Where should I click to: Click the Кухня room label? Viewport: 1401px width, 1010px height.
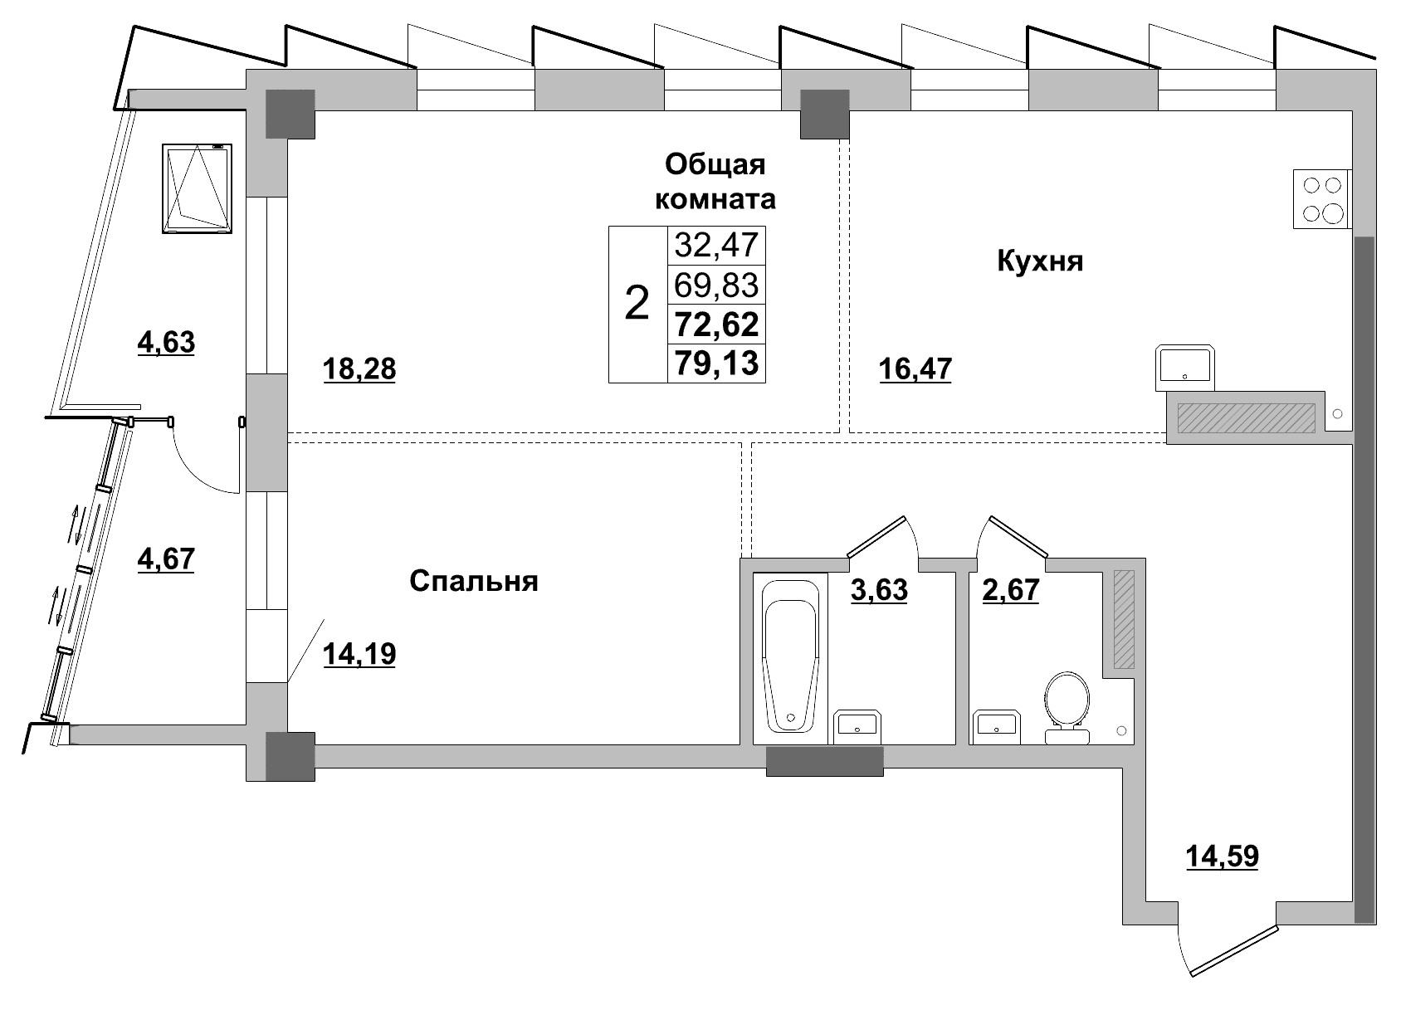tap(1039, 261)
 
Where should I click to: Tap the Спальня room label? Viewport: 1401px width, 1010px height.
tap(473, 581)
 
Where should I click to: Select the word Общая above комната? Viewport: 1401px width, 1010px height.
tap(715, 164)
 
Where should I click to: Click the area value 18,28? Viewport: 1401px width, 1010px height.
tap(359, 369)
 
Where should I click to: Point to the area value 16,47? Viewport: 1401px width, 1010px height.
tap(915, 368)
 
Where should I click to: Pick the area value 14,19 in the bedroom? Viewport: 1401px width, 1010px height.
tap(359, 654)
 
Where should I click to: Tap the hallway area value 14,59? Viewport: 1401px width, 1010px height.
tap(1222, 856)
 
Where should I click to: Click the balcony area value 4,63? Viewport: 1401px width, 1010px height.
tap(166, 343)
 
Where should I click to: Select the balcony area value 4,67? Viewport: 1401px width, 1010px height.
tap(166, 559)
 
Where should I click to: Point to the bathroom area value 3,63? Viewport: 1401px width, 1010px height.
tap(879, 589)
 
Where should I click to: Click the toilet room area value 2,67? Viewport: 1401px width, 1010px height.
tap(1010, 589)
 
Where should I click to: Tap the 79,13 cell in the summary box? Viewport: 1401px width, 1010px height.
tap(717, 364)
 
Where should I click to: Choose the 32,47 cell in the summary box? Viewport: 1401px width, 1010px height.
tap(717, 245)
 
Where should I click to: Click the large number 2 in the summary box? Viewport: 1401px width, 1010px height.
tap(637, 304)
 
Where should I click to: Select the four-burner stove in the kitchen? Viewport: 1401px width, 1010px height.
tap(1322, 199)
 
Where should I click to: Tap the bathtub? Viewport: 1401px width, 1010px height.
tap(790, 658)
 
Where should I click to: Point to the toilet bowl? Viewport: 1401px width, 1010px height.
tap(1067, 708)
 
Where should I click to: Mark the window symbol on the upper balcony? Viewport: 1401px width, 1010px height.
tap(197, 189)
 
